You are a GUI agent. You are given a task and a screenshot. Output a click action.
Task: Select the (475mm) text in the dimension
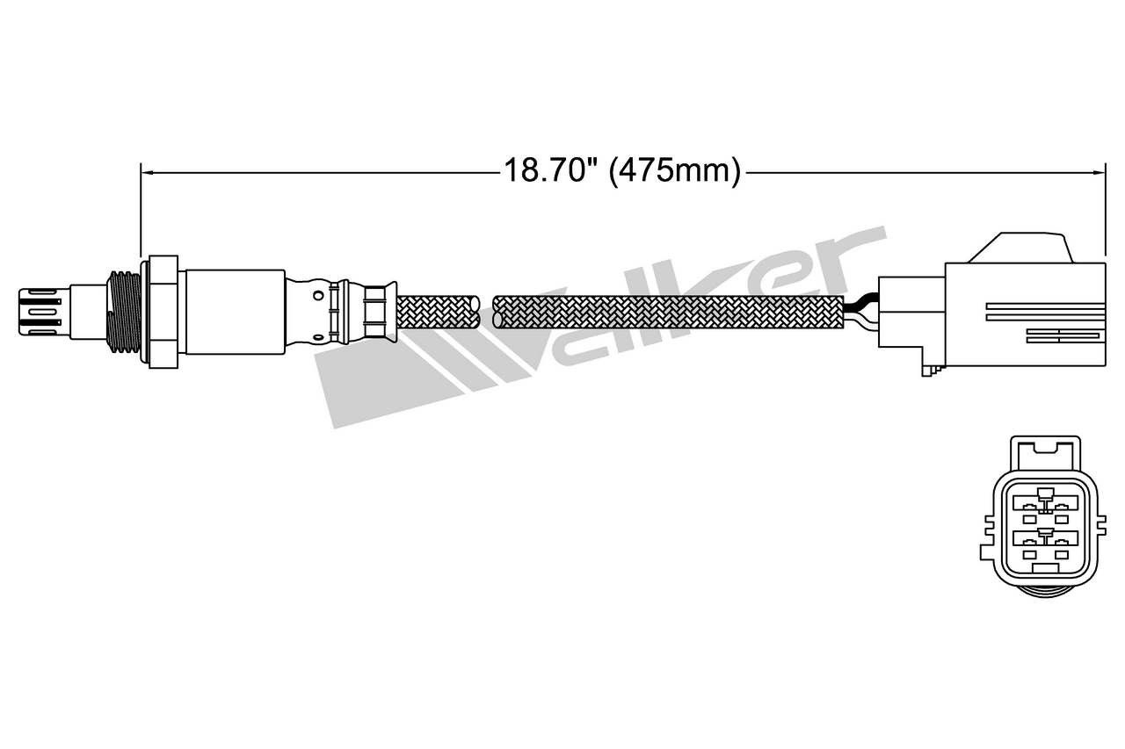(x=674, y=171)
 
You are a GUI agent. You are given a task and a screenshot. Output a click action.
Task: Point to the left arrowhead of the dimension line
(x=149, y=173)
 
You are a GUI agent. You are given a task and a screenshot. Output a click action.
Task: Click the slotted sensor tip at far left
(x=40, y=312)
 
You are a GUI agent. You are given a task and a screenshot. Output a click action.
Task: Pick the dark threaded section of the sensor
(x=124, y=312)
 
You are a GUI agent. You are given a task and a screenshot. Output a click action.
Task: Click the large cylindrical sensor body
(x=235, y=312)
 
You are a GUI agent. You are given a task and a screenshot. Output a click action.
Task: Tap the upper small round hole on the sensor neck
(x=318, y=296)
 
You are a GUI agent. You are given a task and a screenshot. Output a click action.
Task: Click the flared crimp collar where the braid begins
(x=381, y=312)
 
